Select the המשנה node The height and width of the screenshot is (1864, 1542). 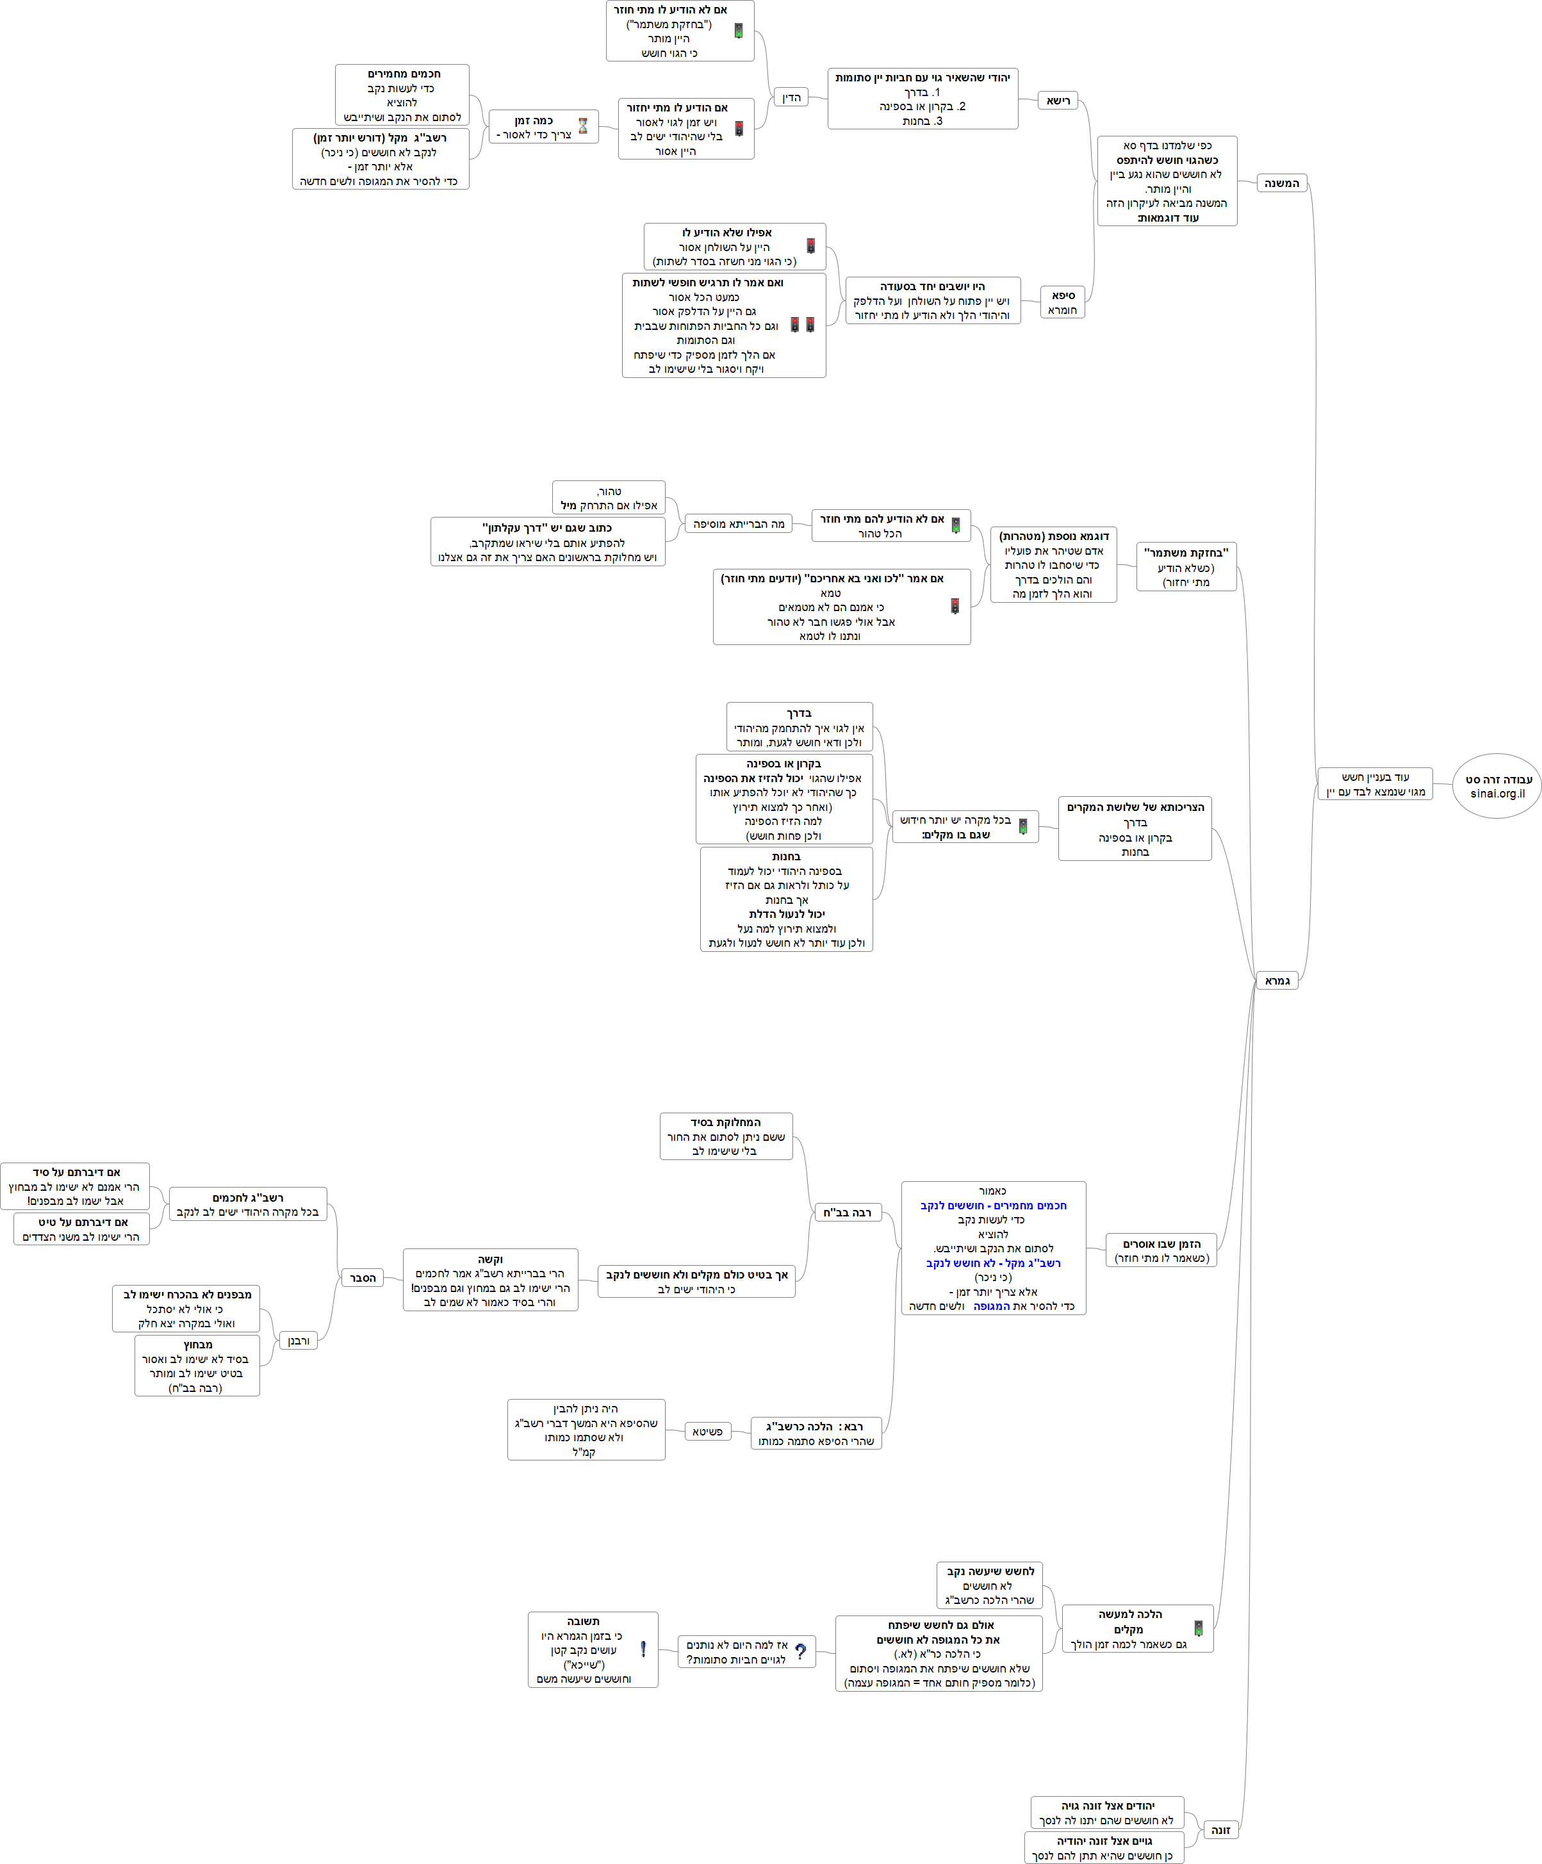click(x=1281, y=184)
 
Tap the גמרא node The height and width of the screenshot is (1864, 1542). click(x=1277, y=980)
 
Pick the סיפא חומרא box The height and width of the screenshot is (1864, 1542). click(x=1063, y=302)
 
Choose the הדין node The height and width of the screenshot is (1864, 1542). click(x=791, y=97)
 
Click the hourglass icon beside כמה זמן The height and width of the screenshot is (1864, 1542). click(x=583, y=126)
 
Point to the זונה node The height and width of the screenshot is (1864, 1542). click(x=1220, y=1829)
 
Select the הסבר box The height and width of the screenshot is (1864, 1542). click(x=362, y=1277)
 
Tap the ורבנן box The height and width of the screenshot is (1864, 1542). click(x=299, y=1340)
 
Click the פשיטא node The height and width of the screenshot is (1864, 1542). click(x=707, y=1431)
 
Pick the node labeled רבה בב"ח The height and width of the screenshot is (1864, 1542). click(x=847, y=1212)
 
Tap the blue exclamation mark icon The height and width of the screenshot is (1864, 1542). click(x=643, y=1649)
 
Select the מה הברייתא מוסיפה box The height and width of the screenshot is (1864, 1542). click(x=739, y=524)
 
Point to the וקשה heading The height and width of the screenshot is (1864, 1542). click(x=490, y=1259)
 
